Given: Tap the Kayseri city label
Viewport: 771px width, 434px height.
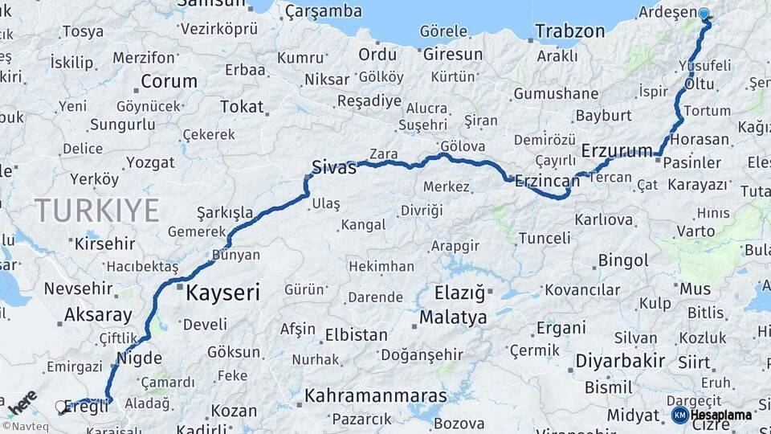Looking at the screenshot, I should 222,293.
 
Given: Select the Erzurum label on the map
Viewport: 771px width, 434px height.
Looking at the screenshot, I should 617,151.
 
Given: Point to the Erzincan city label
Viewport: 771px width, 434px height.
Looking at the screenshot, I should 548,181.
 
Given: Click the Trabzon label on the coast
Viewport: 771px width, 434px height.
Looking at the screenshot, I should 569,32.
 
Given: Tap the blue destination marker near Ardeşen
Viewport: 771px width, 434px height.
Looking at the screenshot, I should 704,14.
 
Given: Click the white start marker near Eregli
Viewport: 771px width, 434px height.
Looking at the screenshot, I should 60,407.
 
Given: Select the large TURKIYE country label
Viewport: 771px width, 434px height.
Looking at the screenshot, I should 96,211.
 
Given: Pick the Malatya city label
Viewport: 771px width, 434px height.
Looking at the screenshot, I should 453,318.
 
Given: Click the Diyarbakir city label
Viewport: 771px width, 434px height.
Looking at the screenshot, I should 620,361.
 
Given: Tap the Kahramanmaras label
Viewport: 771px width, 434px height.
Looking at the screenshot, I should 375,396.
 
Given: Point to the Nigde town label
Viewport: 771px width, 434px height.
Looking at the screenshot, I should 139,358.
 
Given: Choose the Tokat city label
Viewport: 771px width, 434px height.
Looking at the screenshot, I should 242,107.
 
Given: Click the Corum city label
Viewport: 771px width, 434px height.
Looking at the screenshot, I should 169,81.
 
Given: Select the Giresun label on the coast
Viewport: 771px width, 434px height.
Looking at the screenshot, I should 452,55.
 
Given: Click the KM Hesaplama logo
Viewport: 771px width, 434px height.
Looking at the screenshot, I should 712,415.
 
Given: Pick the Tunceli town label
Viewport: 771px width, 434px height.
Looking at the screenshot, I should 545,239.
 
